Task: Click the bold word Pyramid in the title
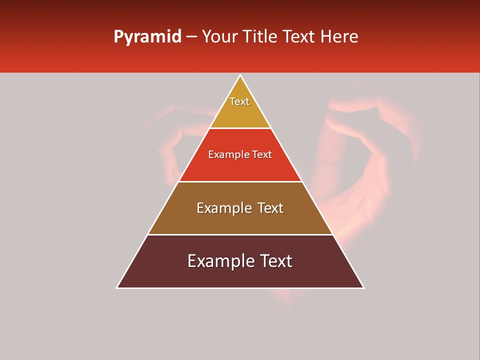pyautogui.click(x=147, y=37)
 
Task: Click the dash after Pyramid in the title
pyautogui.click(x=191, y=37)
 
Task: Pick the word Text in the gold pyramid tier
pyautogui.click(x=239, y=101)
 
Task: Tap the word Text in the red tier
pyautogui.click(x=262, y=155)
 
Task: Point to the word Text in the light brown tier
pyautogui.click(x=270, y=208)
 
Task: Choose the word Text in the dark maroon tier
pyautogui.click(x=275, y=261)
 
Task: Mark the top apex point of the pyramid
pyautogui.click(x=240, y=75)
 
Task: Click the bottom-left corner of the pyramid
pyautogui.click(x=117, y=287)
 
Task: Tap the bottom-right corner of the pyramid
pyautogui.click(x=363, y=287)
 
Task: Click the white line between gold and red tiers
pyautogui.click(x=240, y=128)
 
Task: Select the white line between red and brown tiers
pyautogui.click(x=240, y=181)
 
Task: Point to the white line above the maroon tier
pyautogui.click(x=240, y=234)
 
